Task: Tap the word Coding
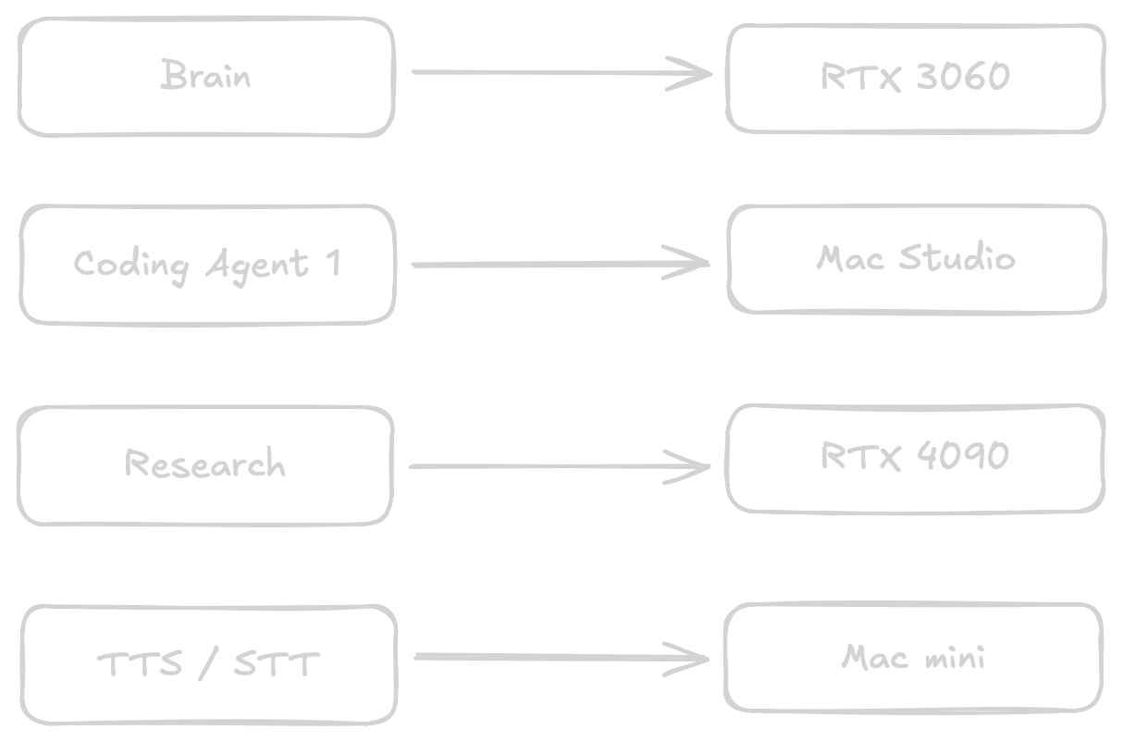[131, 266]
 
